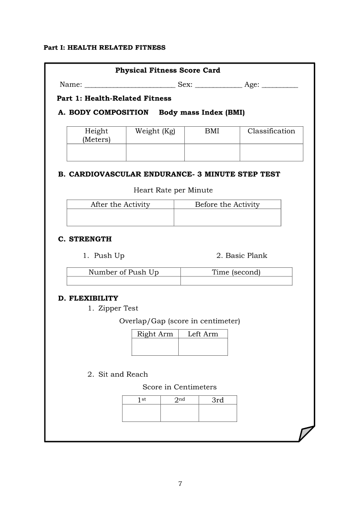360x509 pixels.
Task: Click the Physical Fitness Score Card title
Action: pos(168,70)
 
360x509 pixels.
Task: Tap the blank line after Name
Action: pos(129,85)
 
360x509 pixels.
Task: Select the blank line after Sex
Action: pos(218,85)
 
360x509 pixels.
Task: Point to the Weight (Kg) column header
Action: pos(155,131)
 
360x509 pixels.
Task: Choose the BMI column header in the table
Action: pos(212,131)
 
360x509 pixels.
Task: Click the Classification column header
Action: pos(271,131)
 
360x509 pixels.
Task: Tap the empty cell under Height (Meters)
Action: pos(96,152)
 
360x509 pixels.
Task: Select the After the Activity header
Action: pos(120,205)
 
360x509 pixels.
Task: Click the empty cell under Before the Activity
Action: pos(227,217)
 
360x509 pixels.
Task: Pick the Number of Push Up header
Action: pos(123,272)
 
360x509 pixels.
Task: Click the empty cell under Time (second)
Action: pos(236,281)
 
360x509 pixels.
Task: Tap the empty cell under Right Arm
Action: pos(155,347)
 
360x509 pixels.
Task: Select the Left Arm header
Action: pos(203,334)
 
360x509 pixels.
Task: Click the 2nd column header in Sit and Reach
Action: pos(180,400)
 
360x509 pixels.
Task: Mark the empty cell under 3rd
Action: pos(217,413)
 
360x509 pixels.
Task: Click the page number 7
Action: pos(180,484)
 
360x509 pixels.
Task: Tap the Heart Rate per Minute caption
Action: pos(173,190)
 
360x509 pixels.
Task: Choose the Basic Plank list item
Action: pos(242,256)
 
